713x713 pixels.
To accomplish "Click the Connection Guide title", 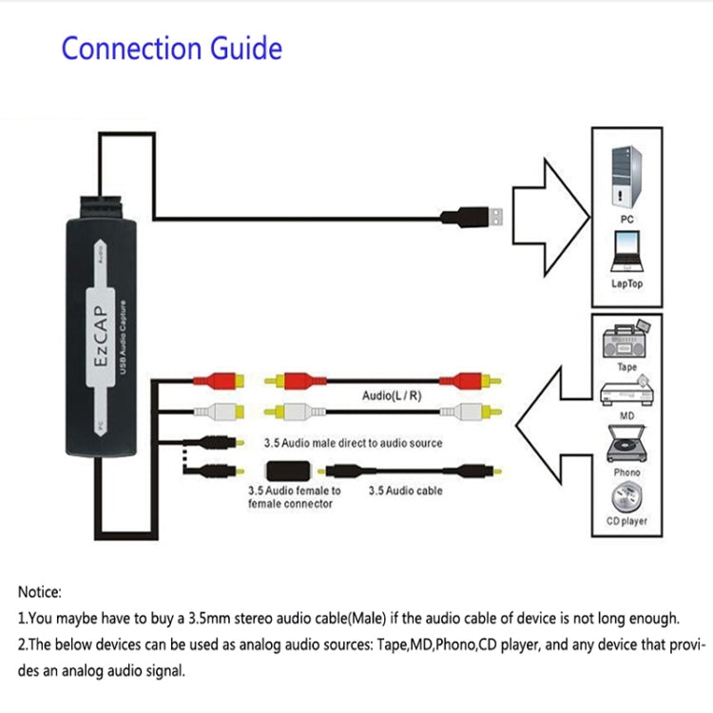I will click(x=172, y=48).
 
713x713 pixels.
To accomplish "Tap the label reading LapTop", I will click(x=626, y=283).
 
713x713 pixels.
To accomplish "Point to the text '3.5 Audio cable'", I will click(x=407, y=491).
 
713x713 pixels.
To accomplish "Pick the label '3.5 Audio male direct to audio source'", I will click(x=352, y=443).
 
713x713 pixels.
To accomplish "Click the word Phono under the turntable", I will click(x=627, y=472).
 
